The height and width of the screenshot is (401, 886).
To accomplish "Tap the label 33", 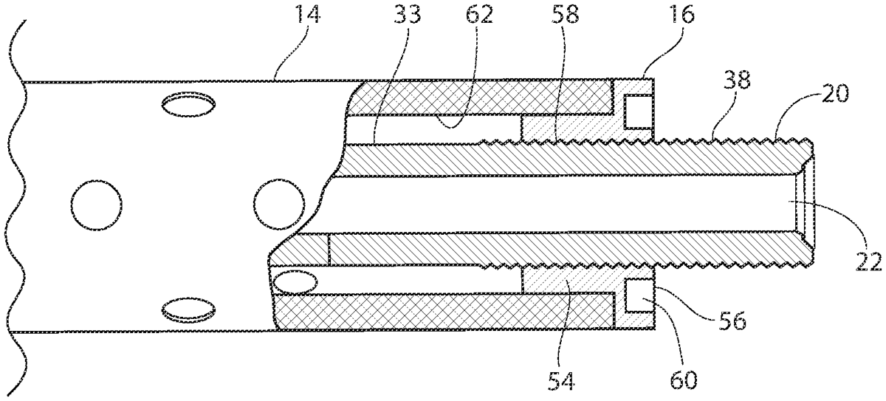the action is pyautogui.click(x=407, y=16).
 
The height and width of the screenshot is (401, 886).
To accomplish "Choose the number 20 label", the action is pyautogui.click(x=834, y=94).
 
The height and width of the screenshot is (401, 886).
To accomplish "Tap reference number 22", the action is pyautogui.click(x=868, y=262).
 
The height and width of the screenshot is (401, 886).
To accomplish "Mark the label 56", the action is pyautogui.click(x=732, y=321).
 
